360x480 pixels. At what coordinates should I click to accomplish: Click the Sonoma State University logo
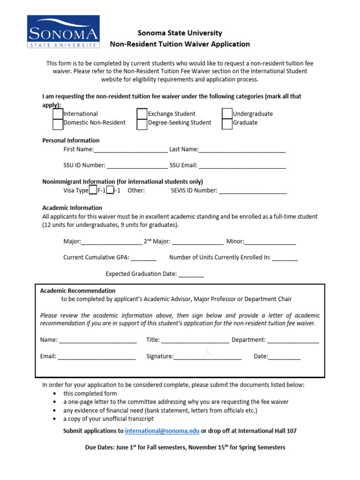pos(63,31)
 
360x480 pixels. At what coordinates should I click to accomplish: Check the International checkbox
pos(58,114)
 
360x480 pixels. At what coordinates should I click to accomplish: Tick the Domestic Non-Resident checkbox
pos(58,124)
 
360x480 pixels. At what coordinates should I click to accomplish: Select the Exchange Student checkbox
pos(142,114)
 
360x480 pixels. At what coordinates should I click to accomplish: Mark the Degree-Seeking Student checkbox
pos(142,124)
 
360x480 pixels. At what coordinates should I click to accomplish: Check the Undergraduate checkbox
pos(227,114)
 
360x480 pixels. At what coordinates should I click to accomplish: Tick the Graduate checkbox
pos(227,124)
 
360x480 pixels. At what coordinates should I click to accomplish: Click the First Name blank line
pos(131,150)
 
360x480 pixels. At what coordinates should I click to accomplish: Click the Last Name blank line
pos(242,150)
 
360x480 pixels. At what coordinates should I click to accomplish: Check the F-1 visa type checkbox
pos(93,190)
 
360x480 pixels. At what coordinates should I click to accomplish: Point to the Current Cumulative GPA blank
pos(143,258)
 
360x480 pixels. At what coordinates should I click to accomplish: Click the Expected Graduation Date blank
pos(191,274)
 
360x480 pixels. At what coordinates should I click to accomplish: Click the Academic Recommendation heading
pos(78,291)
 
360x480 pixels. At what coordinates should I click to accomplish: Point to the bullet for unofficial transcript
pos(56,419)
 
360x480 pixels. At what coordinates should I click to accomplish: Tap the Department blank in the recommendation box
pos(293,340)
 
